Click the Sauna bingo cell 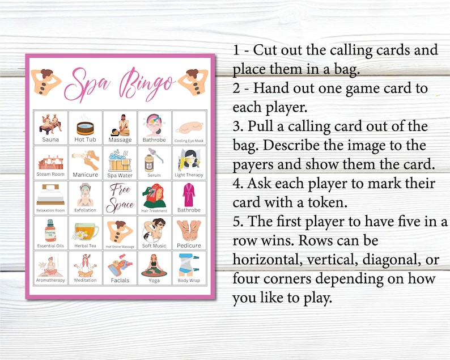click(x=50, y=127)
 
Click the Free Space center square click(x=120, y=197)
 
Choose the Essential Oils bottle click(x=50, y=230)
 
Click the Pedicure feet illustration click(x=189, y=229)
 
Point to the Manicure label click(x=85, y=175)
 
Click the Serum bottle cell click(x=154, y=162)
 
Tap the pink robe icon click(x=189, y=194)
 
